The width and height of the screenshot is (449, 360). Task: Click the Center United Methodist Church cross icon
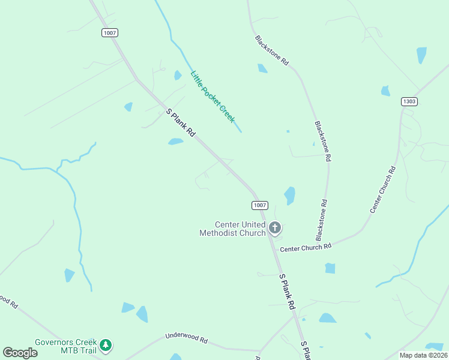[x=275, y=227]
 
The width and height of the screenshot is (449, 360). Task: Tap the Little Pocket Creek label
[x=212, y=97]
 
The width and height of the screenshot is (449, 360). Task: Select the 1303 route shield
[x=409, y=101]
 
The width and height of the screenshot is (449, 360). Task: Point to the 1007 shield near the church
[x=259, y=205]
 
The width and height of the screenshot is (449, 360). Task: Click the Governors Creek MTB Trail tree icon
[x=106, y=345]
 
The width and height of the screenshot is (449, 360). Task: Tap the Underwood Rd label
[x=186, y=338]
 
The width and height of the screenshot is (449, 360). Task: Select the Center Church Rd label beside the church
[x=306, y=247]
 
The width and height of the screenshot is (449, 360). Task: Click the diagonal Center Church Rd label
[x=383, y=190]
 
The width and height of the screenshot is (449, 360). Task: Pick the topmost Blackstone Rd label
[x=272, y=50]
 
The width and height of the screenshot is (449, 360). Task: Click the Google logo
[x=20, y=353]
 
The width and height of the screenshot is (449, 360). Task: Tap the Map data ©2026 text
[x=423, y=355]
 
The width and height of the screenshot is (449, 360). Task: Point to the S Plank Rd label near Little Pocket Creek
[x=181, y=123]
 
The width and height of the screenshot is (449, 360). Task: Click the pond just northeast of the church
[x=289, y=195]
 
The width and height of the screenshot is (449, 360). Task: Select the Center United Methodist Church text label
[x=233, y=229]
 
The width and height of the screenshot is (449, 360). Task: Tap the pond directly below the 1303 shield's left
[x=385, y=91]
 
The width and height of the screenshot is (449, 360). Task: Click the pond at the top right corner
[x=422, y=55]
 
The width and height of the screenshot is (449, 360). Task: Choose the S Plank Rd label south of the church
[x=288, y=292]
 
